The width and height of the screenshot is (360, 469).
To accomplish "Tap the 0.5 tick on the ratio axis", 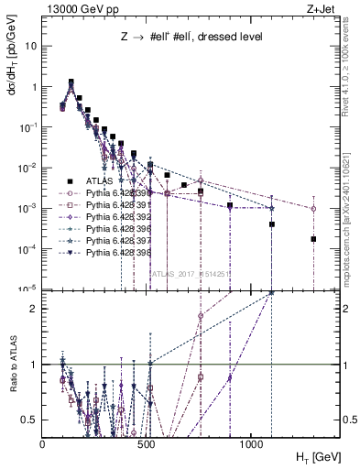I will pos(31,420).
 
